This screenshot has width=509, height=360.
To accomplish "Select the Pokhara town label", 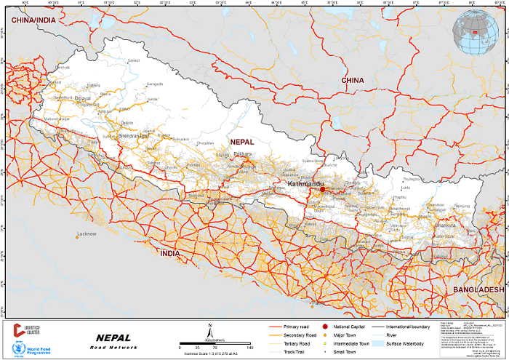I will point(242,154).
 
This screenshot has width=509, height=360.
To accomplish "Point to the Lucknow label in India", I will point(87,233).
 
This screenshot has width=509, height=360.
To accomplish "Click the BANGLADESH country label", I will point(478,289).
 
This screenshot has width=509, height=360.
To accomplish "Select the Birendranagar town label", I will point(133,135).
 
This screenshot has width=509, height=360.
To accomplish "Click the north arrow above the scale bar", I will point(210,329).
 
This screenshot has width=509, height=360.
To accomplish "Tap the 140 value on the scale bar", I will point(250,348).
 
